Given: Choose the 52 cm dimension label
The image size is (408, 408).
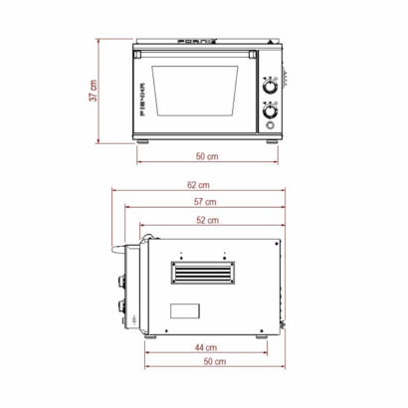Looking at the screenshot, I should pyautogui.click(x=207, y=220).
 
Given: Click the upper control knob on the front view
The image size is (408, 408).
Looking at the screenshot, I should pyautogui.click(x=269, y=86).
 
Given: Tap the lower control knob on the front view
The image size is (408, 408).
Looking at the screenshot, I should pyautogui.click(x=269, y=111).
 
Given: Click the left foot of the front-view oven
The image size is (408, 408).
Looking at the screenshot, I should pyautogui.click(x=145, y=141).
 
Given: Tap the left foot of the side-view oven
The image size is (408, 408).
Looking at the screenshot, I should pyautogui.click(x=153, y=336).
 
